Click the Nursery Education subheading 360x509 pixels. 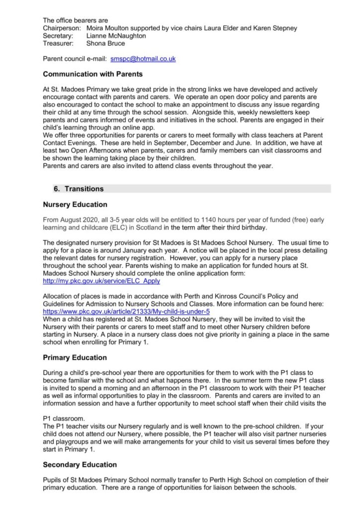(75, 204)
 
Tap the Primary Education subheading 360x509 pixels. (75, 357)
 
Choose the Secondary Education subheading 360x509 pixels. (80, 465)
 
